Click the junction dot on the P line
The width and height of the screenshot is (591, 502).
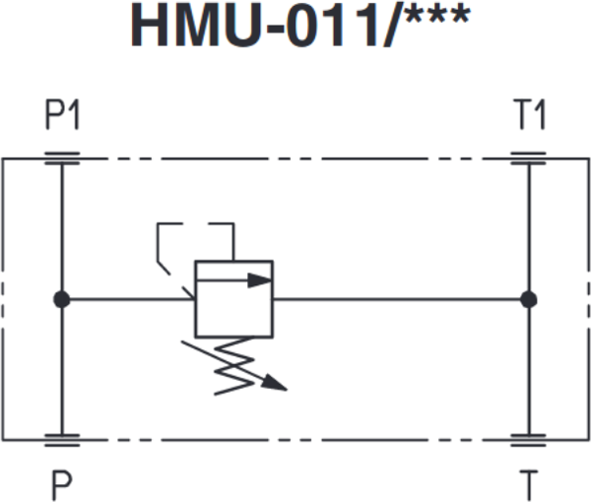coord(61,298)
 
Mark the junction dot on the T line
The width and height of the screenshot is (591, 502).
coord(529,298)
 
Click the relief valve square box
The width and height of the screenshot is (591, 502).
coord(233,298)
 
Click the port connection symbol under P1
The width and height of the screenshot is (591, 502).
coord(62,157)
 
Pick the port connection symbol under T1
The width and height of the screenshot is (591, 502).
coord(529,157)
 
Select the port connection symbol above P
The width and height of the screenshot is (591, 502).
coord(62,440)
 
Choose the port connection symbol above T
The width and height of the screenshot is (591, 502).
coord(529,440)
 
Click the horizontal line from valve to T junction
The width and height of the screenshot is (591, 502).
coord(394,298)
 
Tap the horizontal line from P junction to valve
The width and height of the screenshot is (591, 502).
coord(123,298)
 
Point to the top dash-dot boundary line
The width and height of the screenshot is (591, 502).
coord(295,157)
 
